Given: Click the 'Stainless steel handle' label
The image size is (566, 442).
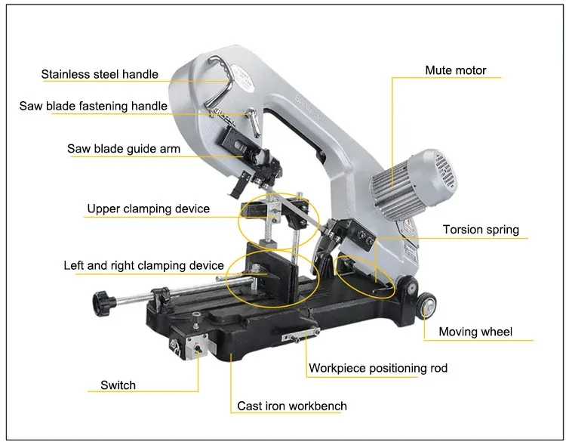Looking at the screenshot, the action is [100, 74].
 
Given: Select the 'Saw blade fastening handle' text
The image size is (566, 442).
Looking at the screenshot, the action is [94, 107].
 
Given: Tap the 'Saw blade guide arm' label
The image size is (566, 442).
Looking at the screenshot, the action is [124, 149].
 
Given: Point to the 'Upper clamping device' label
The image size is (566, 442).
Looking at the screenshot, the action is [149, 209].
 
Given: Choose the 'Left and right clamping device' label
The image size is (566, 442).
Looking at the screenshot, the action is [143, 265].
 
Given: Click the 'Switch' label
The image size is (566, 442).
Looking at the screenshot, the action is [118, 385].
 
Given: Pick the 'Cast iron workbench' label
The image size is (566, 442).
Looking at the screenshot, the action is [292, 406].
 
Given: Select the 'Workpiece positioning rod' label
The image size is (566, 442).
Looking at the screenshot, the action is [377, 368].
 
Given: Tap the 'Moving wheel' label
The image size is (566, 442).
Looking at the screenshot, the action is [475, 332].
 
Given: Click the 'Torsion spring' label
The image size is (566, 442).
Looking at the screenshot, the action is [481, 230].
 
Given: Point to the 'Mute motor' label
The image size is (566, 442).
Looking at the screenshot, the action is [455, 70].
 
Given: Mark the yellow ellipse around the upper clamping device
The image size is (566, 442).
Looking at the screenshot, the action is [239, 215].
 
